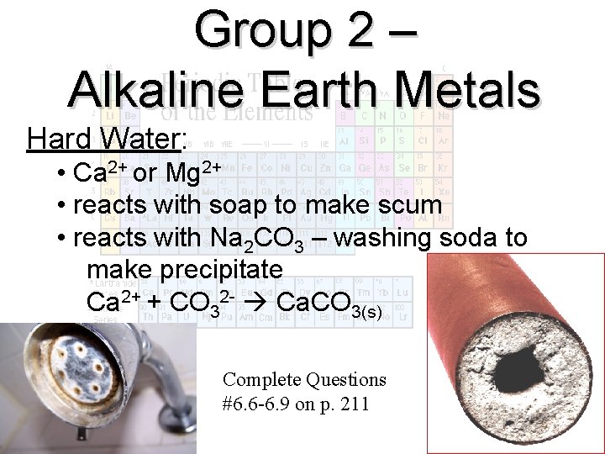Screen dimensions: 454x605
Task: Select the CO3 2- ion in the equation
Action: [x=198, y=301]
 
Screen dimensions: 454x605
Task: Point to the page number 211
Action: [x=355, y=403]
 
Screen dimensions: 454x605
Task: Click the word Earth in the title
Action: [x=314, y=89]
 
